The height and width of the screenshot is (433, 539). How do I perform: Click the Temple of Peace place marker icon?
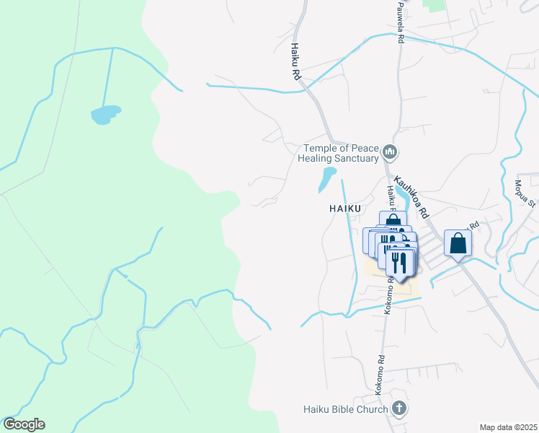(391, 152)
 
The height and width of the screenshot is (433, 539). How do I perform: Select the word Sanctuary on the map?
(357, 159)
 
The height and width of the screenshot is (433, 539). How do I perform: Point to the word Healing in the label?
(318, 159)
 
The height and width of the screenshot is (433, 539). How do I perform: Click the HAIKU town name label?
(335, 207)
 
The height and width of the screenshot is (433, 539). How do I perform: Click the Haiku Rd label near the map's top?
(295, 61)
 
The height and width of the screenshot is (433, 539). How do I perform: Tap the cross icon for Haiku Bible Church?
(398, 408)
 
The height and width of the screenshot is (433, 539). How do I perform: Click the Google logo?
(24, 424)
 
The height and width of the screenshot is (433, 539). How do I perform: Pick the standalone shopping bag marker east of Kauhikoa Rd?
(458, 243)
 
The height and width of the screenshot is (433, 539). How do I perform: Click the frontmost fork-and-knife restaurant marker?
(400, 262)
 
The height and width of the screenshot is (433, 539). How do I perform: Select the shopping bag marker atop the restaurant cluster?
(393, 219)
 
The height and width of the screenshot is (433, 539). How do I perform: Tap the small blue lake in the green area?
(105, 114)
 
